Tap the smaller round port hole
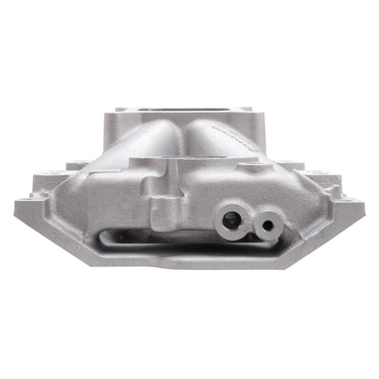268,226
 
